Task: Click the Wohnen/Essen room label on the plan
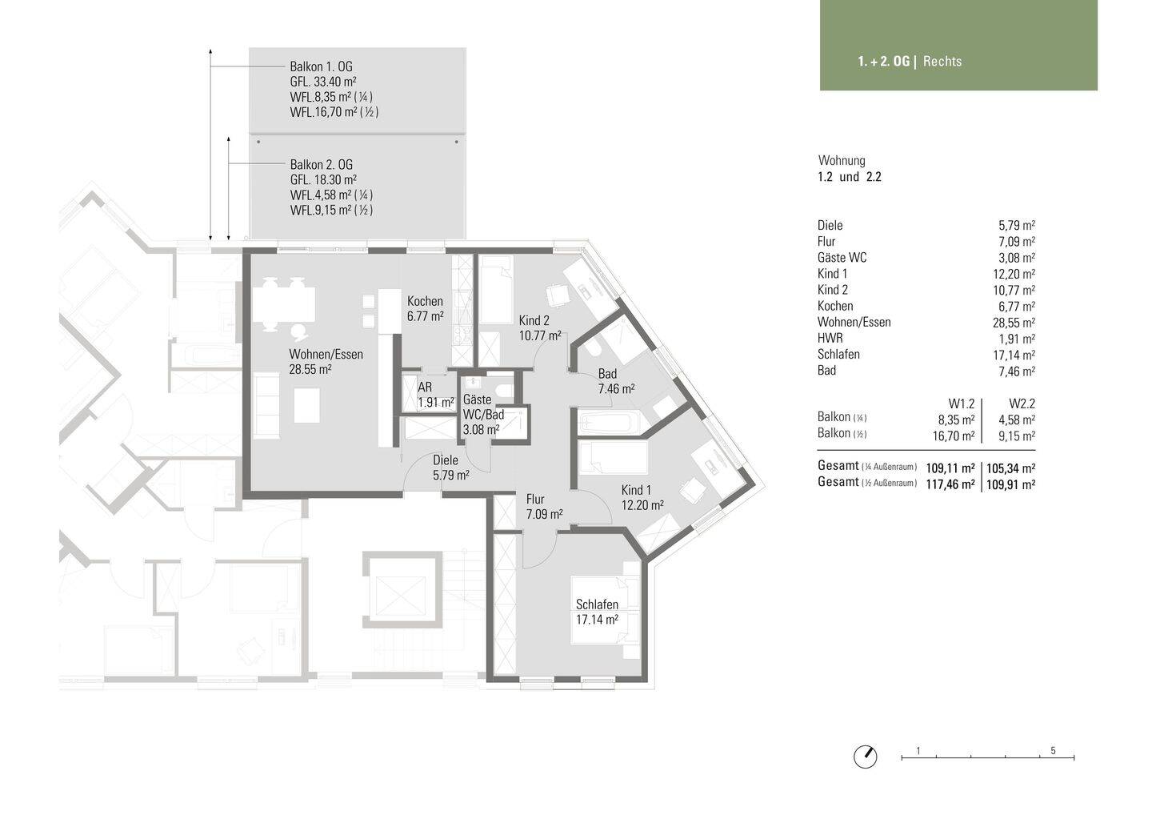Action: pos(326,362)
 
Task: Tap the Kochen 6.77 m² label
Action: pos(425,309)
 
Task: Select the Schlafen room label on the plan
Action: pos(597,612)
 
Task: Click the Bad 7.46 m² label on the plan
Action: pos(616,381)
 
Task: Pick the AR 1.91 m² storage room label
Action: pos(435,395)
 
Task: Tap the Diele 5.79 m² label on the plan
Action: pos(450,468)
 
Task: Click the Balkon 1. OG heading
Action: pos(321,67)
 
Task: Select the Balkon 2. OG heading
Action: pos(321,165)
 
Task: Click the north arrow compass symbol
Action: pos(865,757)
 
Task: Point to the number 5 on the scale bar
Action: pos(1053,751)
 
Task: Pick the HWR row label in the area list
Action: pos(830,338)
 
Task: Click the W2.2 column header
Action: pos(1022,404)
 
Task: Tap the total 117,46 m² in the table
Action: pos(950,484)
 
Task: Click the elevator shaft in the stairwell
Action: pos(402,590)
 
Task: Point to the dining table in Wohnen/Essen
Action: pos(283,304)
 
